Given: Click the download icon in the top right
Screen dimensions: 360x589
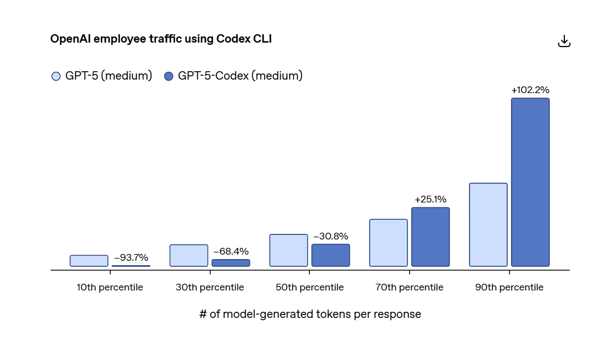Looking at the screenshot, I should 564,41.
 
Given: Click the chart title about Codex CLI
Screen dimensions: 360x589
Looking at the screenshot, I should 161,39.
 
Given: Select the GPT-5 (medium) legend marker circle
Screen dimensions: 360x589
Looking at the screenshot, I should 56,76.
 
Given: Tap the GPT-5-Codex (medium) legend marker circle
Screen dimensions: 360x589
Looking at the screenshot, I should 169,76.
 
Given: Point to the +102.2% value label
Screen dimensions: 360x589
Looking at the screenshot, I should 530,90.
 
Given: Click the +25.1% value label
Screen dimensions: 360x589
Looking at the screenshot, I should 430,199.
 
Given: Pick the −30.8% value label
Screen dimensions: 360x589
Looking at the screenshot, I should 331,236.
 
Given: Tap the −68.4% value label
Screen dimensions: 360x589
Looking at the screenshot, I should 231,251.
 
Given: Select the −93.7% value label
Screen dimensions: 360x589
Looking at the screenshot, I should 131,257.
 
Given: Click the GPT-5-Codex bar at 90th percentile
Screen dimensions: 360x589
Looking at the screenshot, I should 530,182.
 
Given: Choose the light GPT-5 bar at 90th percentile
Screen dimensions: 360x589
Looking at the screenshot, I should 488,225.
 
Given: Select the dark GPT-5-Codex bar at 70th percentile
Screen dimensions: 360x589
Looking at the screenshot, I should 430,237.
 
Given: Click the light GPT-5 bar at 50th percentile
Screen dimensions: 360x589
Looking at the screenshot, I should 289,250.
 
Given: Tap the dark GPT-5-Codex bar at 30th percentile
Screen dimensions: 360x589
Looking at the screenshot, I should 231,262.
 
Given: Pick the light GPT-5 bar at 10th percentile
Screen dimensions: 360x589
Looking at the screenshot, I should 89,261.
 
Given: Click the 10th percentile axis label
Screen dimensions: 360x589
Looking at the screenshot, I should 110,287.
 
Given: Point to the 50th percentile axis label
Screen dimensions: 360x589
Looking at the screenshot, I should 309,287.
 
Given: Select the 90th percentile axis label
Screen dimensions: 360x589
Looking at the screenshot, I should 509,287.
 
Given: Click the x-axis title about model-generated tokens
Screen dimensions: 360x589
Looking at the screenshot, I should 310,314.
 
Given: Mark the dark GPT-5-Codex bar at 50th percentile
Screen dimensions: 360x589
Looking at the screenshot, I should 331,255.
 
